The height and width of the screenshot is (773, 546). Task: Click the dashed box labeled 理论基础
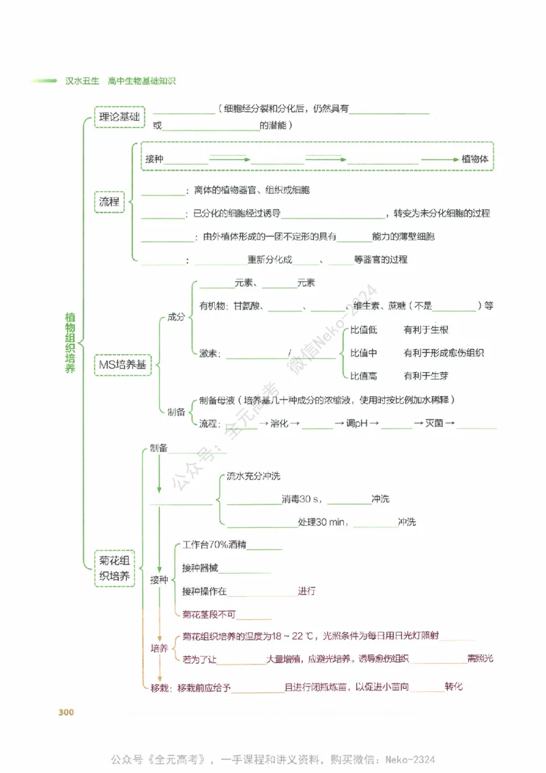[x=119, y=117]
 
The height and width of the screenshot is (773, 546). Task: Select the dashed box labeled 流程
[x=109, y=202]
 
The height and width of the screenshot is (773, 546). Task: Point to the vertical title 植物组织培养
[x=70, y=343]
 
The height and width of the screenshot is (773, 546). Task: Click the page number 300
[x=66, y=712]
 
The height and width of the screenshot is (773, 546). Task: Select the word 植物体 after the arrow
[x=476, y=158]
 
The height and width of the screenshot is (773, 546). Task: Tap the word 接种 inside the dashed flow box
[x=154, y=158]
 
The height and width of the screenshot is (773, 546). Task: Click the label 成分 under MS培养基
[x=176, y=318]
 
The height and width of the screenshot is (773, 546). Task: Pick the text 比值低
[x=364, y=330]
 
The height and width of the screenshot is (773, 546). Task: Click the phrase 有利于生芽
[x=426, y=376]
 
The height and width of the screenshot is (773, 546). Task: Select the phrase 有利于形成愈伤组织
[x=444, y=353]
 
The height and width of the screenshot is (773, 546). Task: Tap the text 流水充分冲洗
[x=253, y=476]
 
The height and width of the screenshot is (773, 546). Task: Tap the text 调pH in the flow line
[x=357, y=423]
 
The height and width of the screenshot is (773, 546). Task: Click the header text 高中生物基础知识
[x=142, y=81]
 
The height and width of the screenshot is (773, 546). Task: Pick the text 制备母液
[x=217, y=400]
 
